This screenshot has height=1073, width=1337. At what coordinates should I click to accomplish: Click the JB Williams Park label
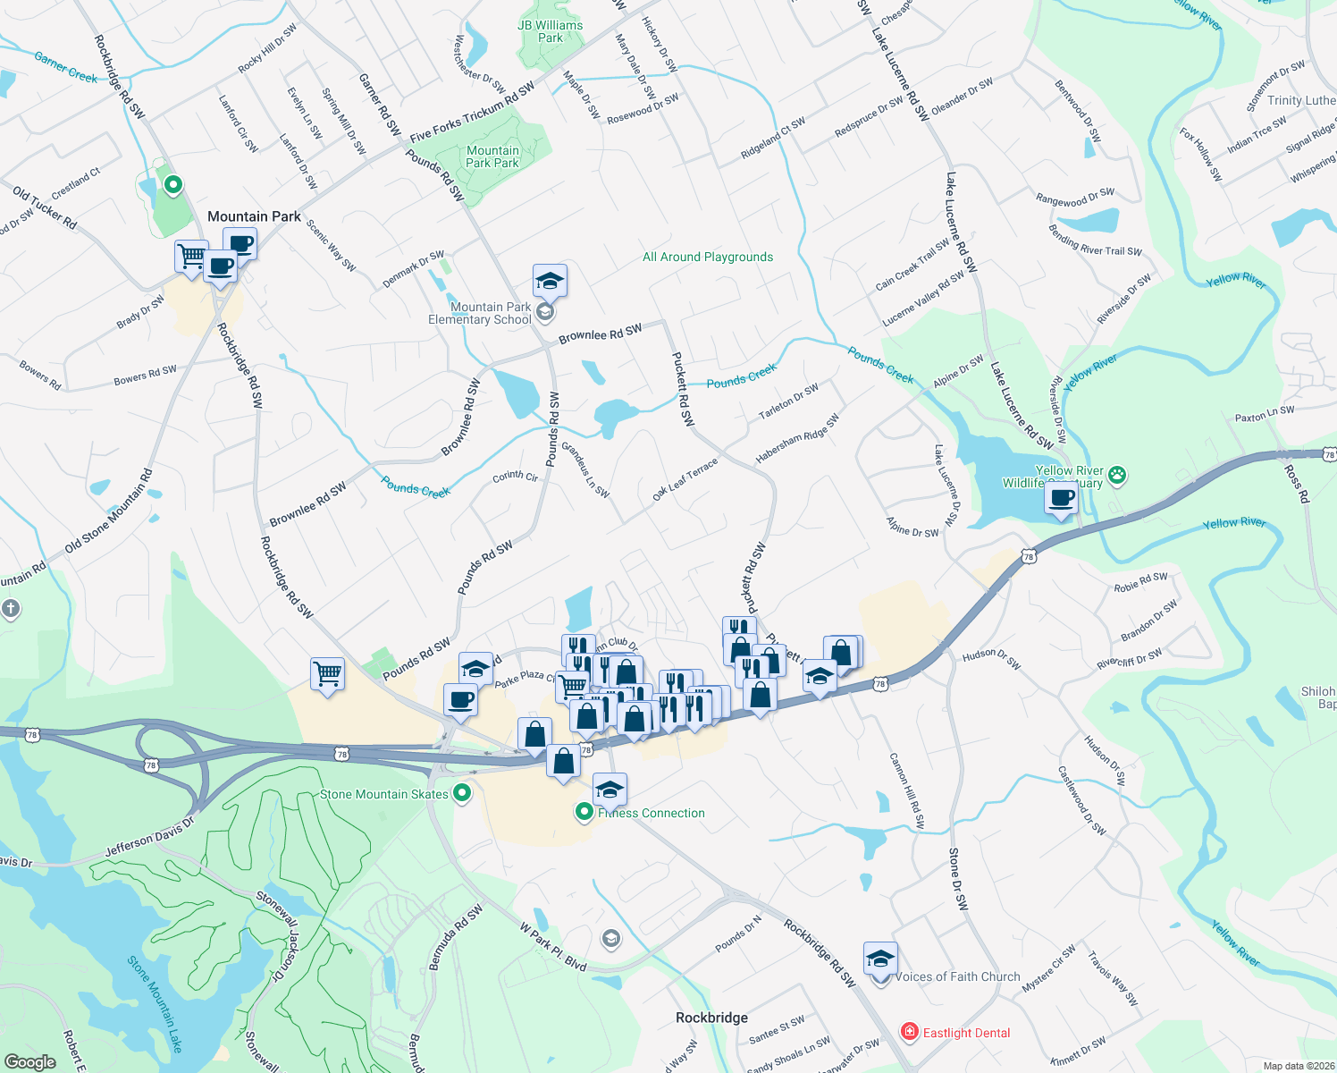(550, 31)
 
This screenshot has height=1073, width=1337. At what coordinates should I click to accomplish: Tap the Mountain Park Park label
(492, 156)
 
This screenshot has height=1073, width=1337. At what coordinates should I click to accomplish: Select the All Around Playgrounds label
(708, 257)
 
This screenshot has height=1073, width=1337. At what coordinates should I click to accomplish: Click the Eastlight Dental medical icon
(910, 1032)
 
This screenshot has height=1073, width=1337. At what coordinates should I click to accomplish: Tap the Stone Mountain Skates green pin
(462, 793)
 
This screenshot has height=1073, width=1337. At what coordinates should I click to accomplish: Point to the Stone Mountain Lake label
(156, 1002)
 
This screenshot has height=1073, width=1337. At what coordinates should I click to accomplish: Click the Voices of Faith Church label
(957, 976)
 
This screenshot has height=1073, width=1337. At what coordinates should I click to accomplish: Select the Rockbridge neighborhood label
(711, 1018)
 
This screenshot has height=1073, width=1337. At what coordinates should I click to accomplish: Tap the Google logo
(29, 1062)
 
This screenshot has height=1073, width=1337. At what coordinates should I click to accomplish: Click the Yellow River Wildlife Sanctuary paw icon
(1117, 477)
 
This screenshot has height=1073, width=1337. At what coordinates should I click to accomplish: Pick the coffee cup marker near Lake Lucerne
(1062, 498)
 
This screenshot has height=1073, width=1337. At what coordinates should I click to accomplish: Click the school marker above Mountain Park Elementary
(550, 282)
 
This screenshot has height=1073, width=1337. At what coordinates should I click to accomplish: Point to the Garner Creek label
(65, 67)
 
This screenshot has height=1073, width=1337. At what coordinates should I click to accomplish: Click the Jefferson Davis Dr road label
(150, 837)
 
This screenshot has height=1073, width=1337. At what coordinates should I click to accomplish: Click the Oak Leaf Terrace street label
(685, 480)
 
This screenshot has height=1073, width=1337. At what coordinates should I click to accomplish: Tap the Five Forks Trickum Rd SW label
(472, 112)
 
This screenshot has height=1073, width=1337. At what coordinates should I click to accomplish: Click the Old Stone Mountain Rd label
(109, 511)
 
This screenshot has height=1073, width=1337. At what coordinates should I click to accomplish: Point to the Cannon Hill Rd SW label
(906, 790)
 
